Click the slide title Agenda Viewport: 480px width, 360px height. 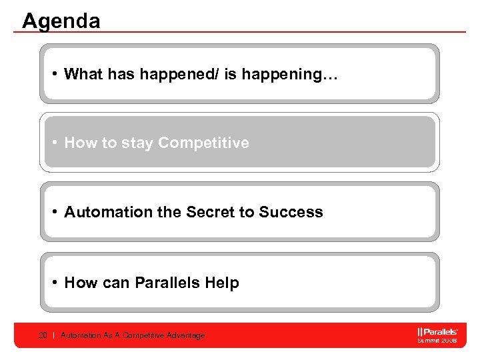point(61,21)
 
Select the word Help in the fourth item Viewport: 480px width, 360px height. point(222,283)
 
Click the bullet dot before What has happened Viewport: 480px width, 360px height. point(54,74)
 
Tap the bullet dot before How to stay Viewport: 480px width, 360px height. point(54,143)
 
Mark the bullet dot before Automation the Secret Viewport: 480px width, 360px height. point(54,213)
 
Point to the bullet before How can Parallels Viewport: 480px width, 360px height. point(54,283)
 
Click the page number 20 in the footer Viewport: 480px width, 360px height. point(43,335)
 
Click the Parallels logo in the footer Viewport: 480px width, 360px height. point(437,331)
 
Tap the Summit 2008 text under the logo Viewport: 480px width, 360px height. point(437,340)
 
